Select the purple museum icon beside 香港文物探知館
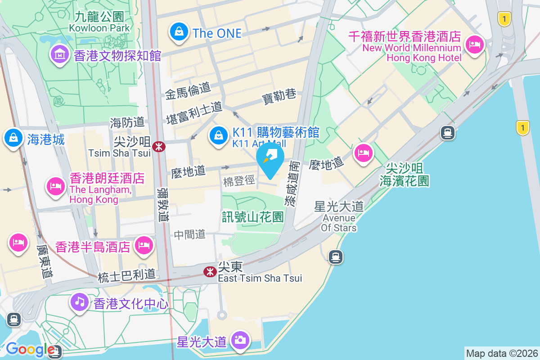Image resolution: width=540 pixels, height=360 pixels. pyautogui.click(x=59, y=55)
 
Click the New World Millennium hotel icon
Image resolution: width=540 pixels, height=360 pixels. pyautogui.click(x=474, y=44)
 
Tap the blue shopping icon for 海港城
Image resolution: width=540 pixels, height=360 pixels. pyautogui.click(x=14, y=138)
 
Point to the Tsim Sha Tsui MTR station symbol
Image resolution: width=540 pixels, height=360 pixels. pyautogui.click(x=158, y=146)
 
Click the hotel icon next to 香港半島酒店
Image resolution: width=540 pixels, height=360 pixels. pyautogui.click(x=144, y=245)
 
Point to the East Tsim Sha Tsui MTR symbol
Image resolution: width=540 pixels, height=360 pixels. pyautogui.click(x=209, y=271)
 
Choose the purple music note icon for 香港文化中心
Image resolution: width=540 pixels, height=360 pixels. pyautogui.click(x=80, y=301)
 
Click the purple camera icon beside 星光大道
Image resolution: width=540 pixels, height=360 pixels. pyautogui.click(x=240, y=340)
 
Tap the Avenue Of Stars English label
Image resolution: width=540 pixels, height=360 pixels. pyautogui.click(x=339, y=223)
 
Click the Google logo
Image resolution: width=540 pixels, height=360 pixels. pyautogui.click(x=30, y=349)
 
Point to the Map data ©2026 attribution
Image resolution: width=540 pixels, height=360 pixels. pyautogui.click(x=502, y=353)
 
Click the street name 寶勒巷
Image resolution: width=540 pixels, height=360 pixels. pyautogui.click(x=279, y=96)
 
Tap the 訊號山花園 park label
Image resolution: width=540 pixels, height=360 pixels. pyautogui.click(x=253, y=217)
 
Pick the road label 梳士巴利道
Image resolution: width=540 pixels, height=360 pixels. pyautogui.click(x=126, y=275)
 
